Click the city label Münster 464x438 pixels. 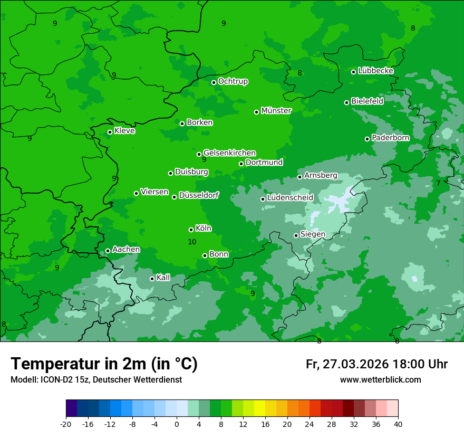(x=276, y=111)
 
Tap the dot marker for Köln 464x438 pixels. (x=191, y=230)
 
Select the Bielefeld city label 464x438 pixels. (x=367, y=101)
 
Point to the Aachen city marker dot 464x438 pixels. (x=108, y=251)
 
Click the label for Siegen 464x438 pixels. (x=313, y=234)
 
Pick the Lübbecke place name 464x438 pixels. (x=375, y=71)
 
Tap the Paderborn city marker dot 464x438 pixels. (x=368, y=139)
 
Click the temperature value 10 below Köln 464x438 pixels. (x=192, y=242)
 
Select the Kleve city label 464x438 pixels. (x=124, y=131)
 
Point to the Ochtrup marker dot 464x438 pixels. (x=214, y=82)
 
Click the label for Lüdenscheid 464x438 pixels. (x=290, y=198)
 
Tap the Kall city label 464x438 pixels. (x=163, y=278)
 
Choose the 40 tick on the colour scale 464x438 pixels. (x=398, y=424)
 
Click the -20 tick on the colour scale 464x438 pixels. (x=66, y=424)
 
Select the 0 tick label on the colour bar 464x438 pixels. (x=177, y=424)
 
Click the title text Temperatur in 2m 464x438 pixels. (x=104, y=364)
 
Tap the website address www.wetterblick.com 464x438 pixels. (x=380, y=379)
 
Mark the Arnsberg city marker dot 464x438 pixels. (x=299, y=177)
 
